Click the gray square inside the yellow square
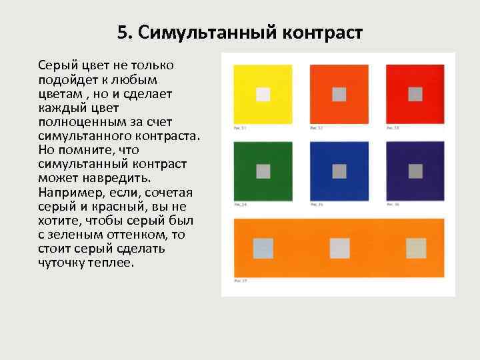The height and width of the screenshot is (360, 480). [x=263, y=94]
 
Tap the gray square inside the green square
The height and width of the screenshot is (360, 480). [x=263, y=171]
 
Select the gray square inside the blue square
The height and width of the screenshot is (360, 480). [x=339, y=171]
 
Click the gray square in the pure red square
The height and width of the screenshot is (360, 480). [x=415, y=94]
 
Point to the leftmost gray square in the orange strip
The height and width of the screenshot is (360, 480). [x=263, y=248]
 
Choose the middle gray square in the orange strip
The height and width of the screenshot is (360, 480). [x=340, y=248]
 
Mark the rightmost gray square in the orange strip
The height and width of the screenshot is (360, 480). [x=416, y=248]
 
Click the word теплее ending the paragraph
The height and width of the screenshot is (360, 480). [x=113, y=263]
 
